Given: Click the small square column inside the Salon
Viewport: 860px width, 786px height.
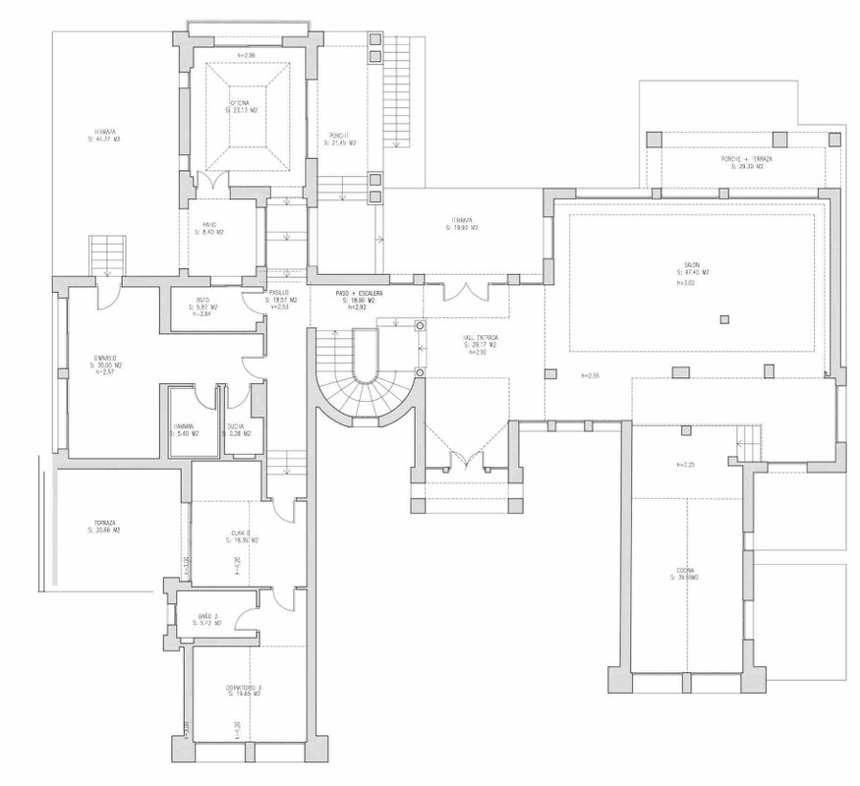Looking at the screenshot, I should [x=725, y=317].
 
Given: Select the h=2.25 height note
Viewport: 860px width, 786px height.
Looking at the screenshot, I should [x=685, y=465].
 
